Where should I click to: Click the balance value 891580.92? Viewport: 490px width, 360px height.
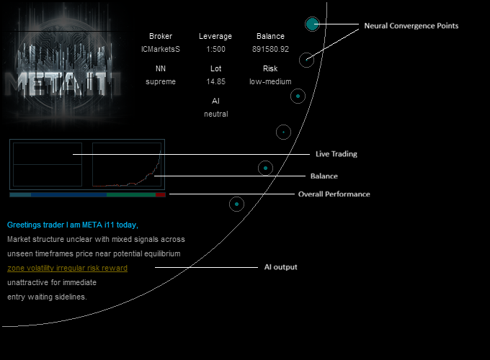pos(270,49)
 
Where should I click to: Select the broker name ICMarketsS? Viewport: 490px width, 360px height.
pos(161,49)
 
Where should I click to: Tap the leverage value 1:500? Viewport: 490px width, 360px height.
pos(215,49)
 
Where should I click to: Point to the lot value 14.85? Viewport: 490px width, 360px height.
pos(215,81)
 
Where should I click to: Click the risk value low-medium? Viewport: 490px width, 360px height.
pos(270,81)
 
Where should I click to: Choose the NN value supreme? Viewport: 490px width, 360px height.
pos(161,81)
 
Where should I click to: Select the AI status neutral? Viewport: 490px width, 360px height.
pos(215,114)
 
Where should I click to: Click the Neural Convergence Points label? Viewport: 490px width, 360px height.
pos(411,26)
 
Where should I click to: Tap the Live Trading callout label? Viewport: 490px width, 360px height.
pos(336,154)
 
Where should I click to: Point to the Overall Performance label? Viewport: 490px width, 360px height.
pos(334,194)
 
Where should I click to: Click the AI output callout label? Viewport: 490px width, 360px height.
pos(280,267)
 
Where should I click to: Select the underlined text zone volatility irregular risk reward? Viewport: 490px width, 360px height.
pos(67,268)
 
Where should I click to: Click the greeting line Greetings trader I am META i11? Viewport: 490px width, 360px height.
pos(72,225)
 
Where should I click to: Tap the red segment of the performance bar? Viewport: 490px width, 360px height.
pos(160,194)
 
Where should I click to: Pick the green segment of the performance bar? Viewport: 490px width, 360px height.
pos(130,194)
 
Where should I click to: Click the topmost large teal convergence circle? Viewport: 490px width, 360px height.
pos(311,24)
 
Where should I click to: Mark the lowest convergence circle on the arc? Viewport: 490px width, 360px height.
pos(236,204)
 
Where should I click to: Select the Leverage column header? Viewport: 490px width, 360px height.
pos(215,36)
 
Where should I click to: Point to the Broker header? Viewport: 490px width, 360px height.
pos(161,36)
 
